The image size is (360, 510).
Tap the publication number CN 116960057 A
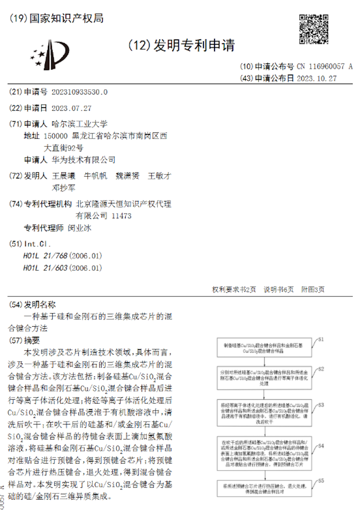coord(324,66)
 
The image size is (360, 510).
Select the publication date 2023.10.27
coord(317,78)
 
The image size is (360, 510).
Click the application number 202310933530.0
coord(80,92)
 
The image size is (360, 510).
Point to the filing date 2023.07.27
coord(71,108)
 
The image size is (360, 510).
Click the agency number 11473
coord(121,216)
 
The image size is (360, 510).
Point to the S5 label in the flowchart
coord(322,479)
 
